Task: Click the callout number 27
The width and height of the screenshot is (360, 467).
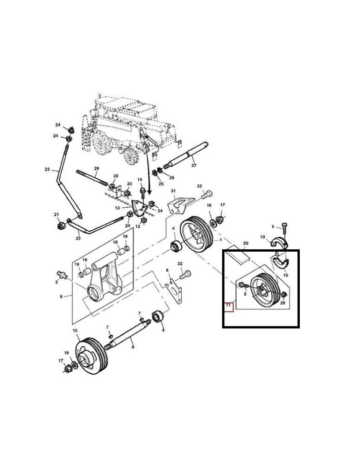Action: pos(194,165)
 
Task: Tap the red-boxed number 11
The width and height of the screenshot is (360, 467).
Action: pos(229,307)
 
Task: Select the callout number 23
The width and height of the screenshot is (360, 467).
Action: pos(47,170)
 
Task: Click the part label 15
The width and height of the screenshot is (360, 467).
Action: pos(75,331)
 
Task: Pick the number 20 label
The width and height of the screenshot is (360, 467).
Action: pos(246,243)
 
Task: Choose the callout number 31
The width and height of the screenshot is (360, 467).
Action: pos(173,191)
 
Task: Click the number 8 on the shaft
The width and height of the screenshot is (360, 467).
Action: pos(133,347)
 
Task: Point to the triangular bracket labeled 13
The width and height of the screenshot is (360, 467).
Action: pos(138,208)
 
